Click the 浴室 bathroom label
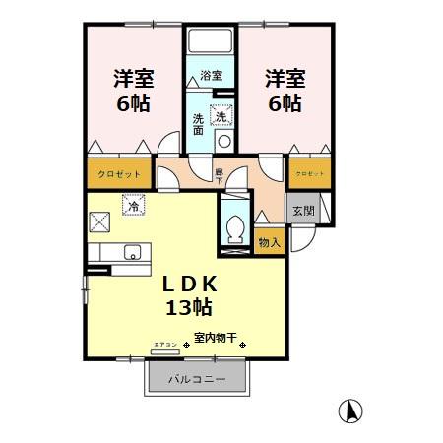click(211, 76)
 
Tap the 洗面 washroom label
click(198, 125)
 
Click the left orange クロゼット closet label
click(119, 174)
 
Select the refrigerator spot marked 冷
click(132, 208)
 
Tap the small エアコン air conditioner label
click(164, 344)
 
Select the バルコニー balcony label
click(196, 378)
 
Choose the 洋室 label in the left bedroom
click(132, 78)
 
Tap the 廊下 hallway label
click(220, 176)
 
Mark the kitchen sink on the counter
click(130, 255)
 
